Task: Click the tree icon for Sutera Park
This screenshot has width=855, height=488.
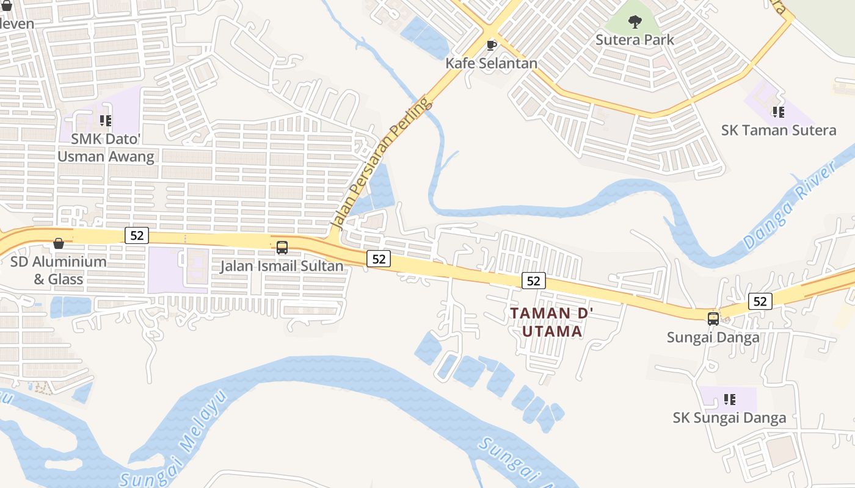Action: (635, 22)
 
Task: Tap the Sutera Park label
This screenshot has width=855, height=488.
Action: (635, 40)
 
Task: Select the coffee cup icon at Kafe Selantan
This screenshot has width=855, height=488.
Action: (492, 45)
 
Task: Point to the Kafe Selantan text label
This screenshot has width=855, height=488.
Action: (492, 63)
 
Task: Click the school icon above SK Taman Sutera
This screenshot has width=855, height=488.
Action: (778, 112)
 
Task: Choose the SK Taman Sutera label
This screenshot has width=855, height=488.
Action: (779, 130)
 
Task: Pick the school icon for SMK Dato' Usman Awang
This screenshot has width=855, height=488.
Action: (106, 121)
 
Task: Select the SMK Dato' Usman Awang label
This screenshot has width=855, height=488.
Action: (106, 148)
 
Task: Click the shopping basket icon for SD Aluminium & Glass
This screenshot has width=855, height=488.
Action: (59, 243)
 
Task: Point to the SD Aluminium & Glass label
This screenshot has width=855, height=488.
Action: (59, 270)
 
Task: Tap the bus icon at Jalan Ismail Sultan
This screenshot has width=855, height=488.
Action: (282, 248)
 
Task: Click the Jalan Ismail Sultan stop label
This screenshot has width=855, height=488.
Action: (282, 267)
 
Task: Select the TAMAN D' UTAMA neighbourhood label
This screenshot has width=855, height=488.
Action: (546, 322)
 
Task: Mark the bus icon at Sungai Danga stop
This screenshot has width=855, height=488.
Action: (713, 318)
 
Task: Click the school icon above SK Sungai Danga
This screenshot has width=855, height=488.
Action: (729, 400)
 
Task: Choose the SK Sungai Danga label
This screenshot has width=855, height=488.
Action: (729, 418)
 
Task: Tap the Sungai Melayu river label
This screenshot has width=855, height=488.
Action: (173, 437)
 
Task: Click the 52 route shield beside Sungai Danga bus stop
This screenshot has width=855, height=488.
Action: (760, 301)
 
